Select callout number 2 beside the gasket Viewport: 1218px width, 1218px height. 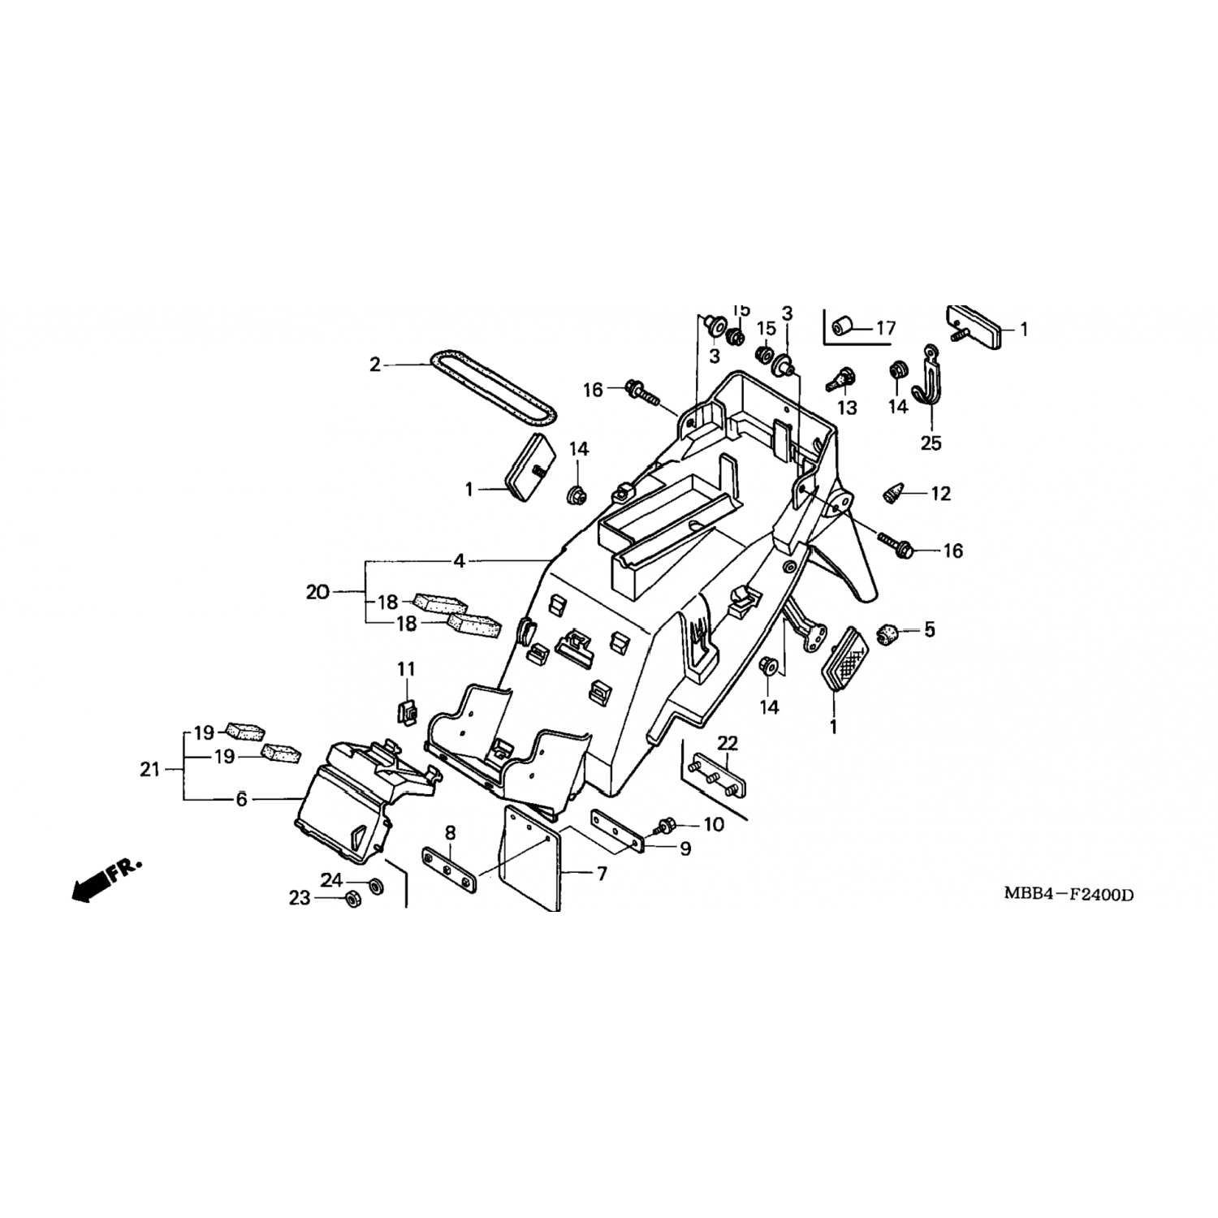point(374,365)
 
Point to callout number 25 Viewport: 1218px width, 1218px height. point(931,443)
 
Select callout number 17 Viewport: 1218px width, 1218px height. point(885,328)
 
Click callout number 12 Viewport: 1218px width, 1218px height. point(940,494)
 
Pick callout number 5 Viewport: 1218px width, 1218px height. point(929,629)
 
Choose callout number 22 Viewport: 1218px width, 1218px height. point(728,743)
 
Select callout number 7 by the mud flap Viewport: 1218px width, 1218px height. point(602,875)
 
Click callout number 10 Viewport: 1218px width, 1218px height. point(713,825)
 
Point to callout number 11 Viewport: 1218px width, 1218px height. point(406,669)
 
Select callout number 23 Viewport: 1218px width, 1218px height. point(300,899)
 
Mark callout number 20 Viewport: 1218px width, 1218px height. point(317,593)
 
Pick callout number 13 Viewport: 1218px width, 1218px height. point(846,408)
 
